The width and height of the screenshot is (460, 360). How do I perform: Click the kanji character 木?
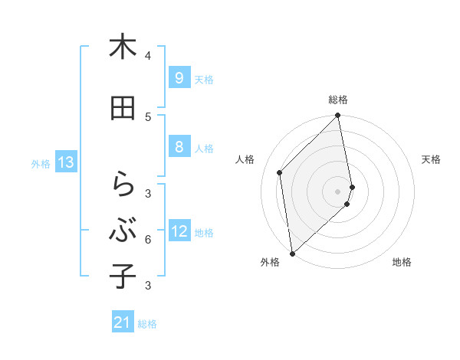[123, 47]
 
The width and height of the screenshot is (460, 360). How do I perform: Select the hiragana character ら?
[123, 185]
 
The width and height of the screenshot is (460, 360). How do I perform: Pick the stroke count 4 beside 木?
[148, 56]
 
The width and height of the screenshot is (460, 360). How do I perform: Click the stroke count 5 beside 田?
[148, 116]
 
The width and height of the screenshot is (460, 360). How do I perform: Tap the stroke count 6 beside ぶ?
[148, 240]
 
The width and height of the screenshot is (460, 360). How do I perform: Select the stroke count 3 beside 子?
[148, 286]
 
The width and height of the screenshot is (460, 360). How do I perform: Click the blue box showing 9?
[179, 77]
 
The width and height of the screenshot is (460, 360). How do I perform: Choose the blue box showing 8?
[179, 147]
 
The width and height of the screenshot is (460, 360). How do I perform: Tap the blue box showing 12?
[179, 231]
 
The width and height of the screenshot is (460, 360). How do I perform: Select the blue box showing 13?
[66, 162]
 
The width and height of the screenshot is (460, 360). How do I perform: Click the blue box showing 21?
[123, 323]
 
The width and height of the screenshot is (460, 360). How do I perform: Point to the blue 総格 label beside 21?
[147, 324]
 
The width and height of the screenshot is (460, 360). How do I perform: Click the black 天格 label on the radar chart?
[432, 159]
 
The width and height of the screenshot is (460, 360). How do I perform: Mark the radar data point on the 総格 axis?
[338, 116]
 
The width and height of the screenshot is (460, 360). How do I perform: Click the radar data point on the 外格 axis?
[292, 253]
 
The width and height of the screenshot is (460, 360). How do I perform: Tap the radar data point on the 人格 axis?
[280, 172]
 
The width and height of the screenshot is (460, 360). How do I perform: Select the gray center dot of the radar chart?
[338, 191]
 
